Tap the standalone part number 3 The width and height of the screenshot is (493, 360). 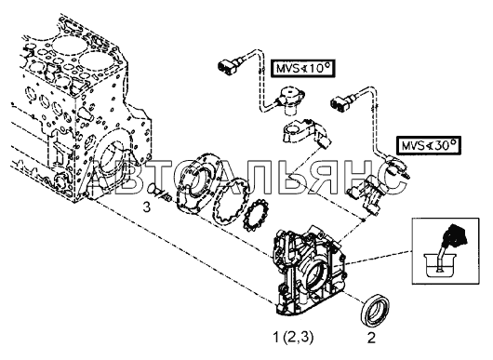(147, 207)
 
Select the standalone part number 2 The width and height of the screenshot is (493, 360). (372, 339)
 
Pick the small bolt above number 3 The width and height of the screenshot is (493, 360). (159, 193)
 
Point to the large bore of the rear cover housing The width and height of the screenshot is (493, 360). (317, 275)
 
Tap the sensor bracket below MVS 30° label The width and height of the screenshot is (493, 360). (366, 194)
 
